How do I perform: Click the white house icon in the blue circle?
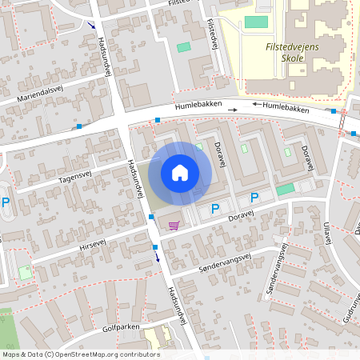180,172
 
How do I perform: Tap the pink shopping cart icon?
174,225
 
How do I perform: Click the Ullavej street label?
326,234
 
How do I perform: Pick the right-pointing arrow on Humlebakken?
233,109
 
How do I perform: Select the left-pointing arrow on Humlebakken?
257,104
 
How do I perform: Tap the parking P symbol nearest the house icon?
214,209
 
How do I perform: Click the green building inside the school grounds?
256,22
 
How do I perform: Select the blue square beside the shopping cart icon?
151,217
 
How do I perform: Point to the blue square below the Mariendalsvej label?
78,126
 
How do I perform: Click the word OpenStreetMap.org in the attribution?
90,354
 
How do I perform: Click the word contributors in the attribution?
139,354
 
